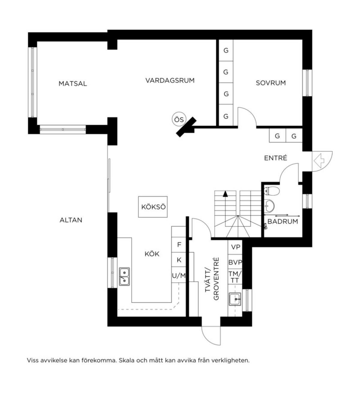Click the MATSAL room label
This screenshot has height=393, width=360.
[x=73, y=84]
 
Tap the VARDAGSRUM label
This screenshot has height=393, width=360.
[x=170, y=80]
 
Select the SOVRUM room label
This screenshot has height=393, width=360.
[x=271, y=83]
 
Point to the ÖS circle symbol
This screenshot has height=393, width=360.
[x=179, y=119]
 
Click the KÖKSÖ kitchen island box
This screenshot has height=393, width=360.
[x=153, y=207]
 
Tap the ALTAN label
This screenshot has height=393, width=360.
[x=71, y=220]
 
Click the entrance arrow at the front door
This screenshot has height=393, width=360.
[x=319, y=160]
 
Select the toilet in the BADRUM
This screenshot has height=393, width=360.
[x=271, y=191]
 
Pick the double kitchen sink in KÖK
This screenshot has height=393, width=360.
[x=124, y=276]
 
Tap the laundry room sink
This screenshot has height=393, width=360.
[x=235, y=299]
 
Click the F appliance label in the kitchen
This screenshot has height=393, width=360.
[x=179, y=245]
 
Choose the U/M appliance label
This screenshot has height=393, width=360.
[x=178, y=276]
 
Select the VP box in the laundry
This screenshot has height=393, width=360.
[x=235, y=247]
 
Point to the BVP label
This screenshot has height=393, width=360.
[x=235, y=262]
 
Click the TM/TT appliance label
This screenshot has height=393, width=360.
[x=235, y=277]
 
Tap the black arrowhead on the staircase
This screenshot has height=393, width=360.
[x=226, y=194]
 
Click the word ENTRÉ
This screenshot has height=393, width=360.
[x=275, y=158]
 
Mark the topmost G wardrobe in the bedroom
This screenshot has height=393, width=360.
[x=226, y=50]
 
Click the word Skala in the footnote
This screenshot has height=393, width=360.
[x=126, y=360]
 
